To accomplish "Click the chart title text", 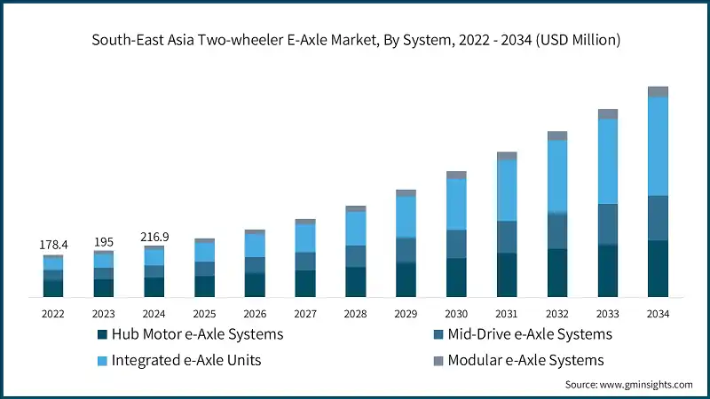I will pos(355,40).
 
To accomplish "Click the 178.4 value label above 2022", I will pos(52,244).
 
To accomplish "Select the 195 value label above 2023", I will pos(104,242).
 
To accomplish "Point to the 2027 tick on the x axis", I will pos(305,314).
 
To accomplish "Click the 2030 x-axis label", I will pos(456,314).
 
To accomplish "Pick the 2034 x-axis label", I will pos(658,314).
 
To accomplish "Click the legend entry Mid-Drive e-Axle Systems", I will pos(529,334).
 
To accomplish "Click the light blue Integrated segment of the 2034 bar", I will pos(658,146).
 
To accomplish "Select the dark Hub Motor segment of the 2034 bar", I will pos(658,268).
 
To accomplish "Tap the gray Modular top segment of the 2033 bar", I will pos(607,114).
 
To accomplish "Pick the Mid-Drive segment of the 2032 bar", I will pos(557,231).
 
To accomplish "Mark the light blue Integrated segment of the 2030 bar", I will pos(456,204).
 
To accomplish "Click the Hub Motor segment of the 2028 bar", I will pos(355,281).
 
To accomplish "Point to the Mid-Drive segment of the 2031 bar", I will pos(507,237).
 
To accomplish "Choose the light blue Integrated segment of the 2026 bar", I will pos(255,245).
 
